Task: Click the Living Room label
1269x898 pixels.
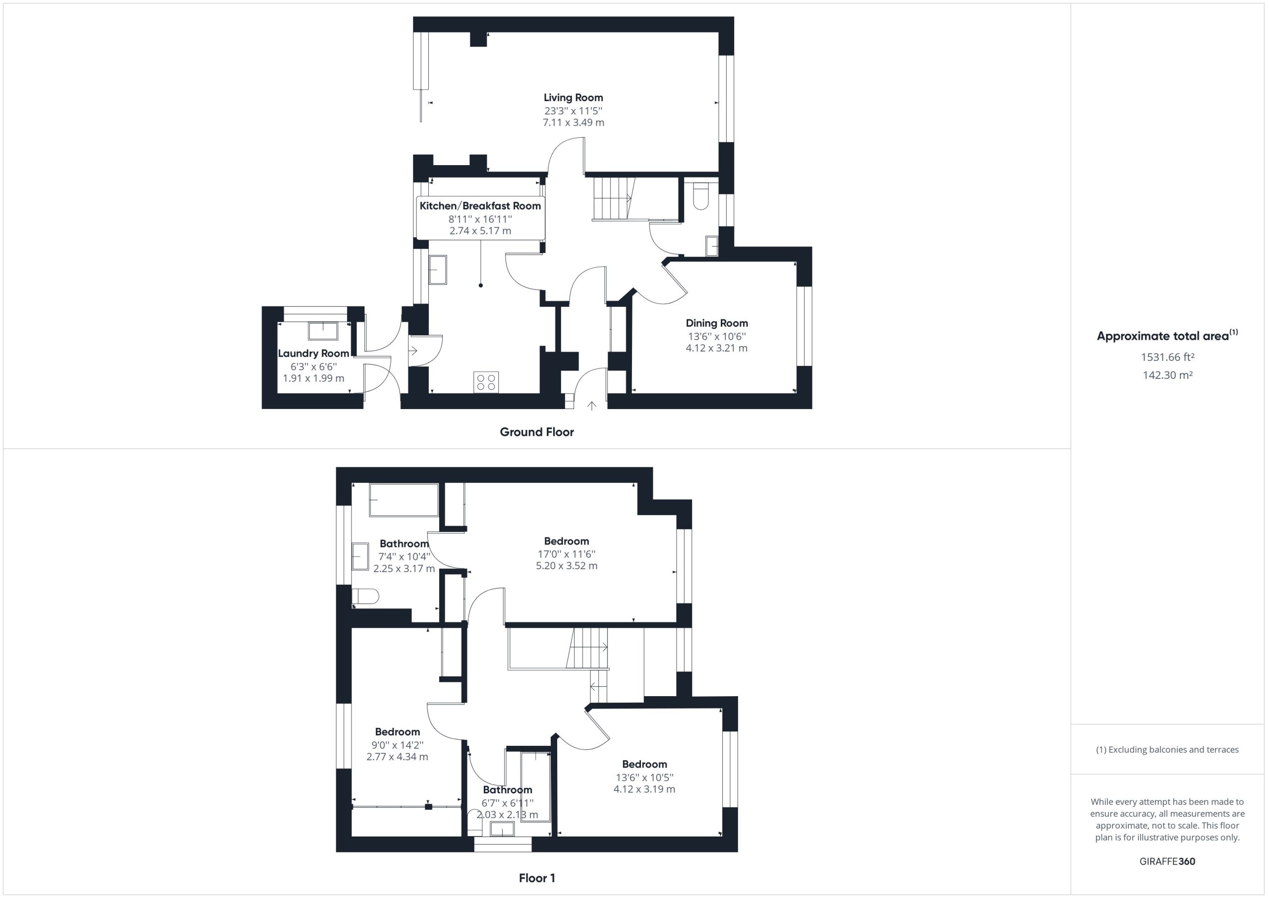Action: (x=573, y=98)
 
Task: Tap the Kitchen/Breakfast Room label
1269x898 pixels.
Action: (x=480, y=206)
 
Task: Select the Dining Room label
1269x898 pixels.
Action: (x=717, y=323)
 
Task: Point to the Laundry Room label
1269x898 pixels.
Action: (x=313, y=354)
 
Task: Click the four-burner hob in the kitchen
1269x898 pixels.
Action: (x=486, y=382)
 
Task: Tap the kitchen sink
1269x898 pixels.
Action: (x=438, y=270)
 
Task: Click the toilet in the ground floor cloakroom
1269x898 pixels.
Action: (x=701, y=197)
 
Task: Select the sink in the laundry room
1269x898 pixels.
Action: (x=323, y=331)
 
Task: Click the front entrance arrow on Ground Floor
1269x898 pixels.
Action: (x=592, y=406)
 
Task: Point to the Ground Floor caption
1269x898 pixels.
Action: (x=537, y=432)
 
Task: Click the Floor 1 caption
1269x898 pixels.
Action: (x=537, y=878)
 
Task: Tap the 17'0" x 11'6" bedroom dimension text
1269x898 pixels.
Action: (x=567, y=554)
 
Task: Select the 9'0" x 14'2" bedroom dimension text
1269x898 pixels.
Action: (x=398, y=745)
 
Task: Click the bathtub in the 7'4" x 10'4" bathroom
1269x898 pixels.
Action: (x=404, y=500)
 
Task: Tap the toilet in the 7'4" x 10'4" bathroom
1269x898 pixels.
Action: (x=365, y=597)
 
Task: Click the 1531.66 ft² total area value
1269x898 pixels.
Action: (x=1167, y=357)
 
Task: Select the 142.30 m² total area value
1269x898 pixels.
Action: (x=1167, y=375)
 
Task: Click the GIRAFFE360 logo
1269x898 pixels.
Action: (x=1167, y=861)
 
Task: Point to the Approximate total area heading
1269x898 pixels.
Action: (x=1167, y=336)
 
